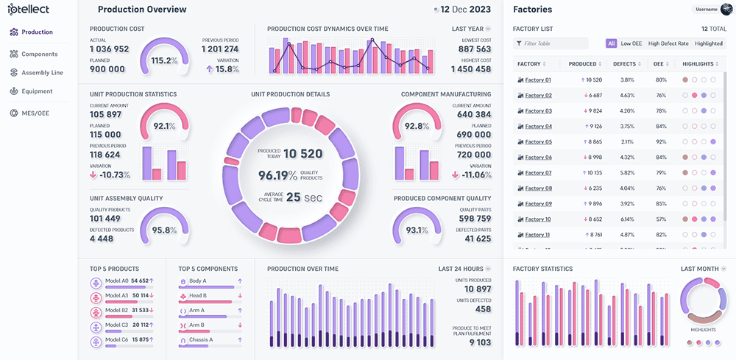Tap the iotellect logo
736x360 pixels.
[33, 12]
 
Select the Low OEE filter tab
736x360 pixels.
[631, 43]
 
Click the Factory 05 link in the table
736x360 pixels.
[538, 142]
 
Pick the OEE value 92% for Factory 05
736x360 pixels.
[661, 142]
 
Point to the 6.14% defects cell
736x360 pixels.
[627, 219]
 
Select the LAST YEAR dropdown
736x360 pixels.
[471, 29]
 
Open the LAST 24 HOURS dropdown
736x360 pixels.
[464, 269]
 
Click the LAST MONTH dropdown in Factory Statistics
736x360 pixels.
[703, 269]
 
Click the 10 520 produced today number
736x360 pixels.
[303, 153]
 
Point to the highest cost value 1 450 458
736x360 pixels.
[470, 69]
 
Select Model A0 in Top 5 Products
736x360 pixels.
[116, 281]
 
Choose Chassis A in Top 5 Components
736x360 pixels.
[201, 339]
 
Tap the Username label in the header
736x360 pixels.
[705, 10]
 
